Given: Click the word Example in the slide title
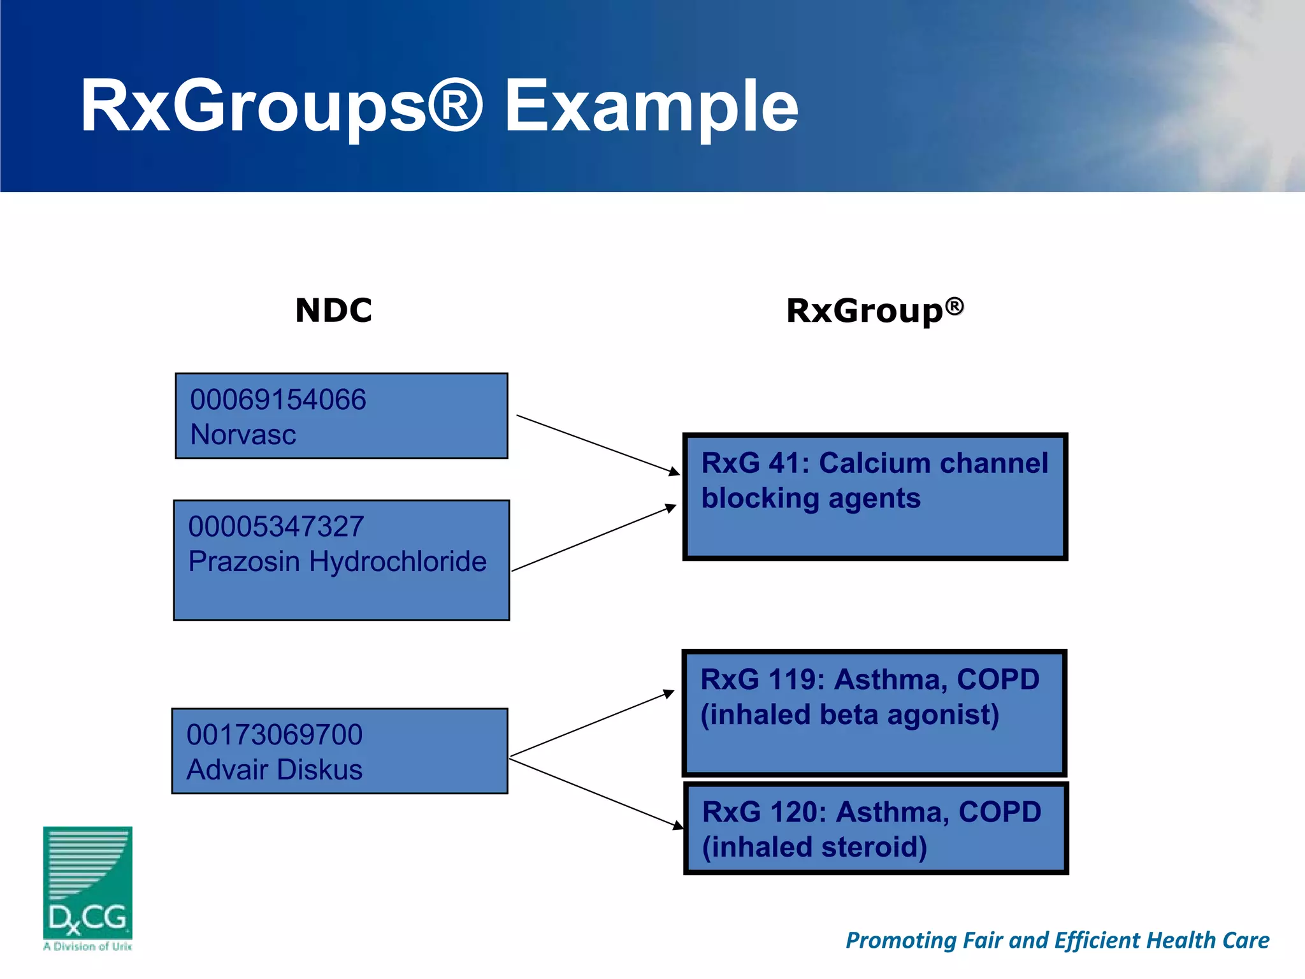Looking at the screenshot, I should (651, 106).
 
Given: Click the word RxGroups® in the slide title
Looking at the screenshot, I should (280, 106).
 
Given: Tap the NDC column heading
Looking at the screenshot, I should (333, 310).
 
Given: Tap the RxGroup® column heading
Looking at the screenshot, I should (874, 310).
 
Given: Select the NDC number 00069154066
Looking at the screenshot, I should (278, 400).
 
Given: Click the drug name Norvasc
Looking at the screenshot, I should (243, 435).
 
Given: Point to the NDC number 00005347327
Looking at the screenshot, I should (276, 527).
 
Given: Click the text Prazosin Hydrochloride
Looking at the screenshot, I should (337, 562).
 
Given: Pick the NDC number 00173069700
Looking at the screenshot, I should (274, 735).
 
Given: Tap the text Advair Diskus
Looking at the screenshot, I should (274, 770).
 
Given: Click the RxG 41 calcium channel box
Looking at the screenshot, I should (874, 497).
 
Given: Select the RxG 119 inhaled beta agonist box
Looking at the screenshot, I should (874, 713).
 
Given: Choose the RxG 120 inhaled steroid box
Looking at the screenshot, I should (876, 829).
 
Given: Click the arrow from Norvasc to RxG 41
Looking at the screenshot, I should (598, 444).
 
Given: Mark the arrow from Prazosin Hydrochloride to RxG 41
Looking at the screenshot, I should (594, 538).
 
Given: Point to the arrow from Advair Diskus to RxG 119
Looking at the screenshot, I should (592, 723).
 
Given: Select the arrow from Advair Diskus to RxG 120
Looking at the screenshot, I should (596, 794).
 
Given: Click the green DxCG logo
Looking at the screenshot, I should (87, 886).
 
